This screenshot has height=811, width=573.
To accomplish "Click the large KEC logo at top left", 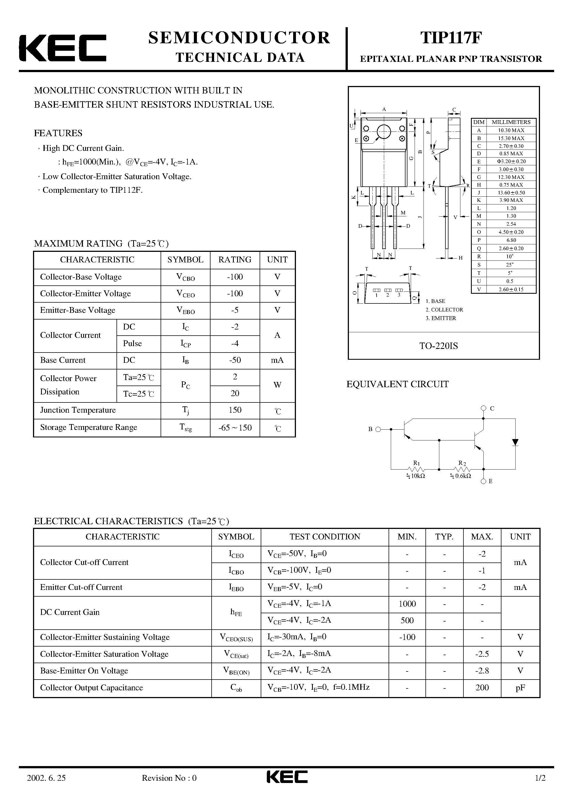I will coord(62,48).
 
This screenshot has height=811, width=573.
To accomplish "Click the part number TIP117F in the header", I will coord(450,38).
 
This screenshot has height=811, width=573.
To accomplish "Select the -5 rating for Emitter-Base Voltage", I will coord(235,310).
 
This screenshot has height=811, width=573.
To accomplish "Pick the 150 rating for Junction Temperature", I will coord(235,410).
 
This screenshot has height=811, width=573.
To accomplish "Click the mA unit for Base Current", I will coord(277,360).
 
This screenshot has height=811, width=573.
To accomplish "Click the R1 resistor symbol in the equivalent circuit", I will coord(416,470).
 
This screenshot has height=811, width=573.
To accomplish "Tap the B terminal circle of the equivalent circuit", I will coord(378,429).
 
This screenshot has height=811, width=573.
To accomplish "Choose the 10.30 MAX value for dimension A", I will coord(511,130).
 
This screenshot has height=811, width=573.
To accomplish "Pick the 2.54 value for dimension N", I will coord(511,224).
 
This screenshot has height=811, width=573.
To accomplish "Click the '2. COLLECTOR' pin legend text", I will coord(444,310).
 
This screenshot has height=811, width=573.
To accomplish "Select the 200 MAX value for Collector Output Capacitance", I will coord(482,687).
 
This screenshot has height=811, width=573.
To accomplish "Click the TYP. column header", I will coord(444,536).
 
